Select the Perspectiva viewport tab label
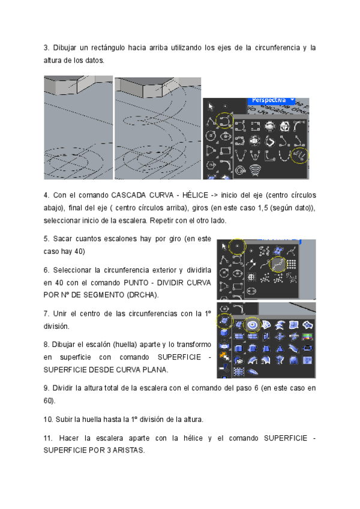269,100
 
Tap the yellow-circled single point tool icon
238,245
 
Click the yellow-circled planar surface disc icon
253,325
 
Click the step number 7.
46,313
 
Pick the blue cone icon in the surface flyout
279,348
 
